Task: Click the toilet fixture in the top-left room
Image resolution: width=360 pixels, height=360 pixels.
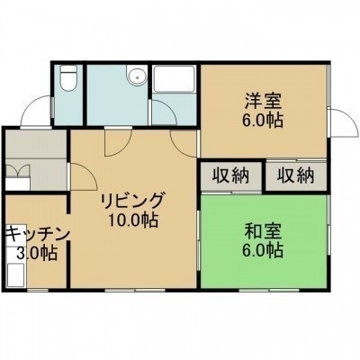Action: [x=68, y=78]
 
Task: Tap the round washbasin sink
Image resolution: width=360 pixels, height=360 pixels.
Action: [x=137, y=77]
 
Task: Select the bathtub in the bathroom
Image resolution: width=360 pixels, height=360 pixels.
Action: [x=174, y=79]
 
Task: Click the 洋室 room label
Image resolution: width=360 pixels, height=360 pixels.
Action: [x=264, y=102]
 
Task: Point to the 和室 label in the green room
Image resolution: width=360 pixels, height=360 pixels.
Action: [x=263, y=232]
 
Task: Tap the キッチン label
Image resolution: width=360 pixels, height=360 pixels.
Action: [x=38, y=234]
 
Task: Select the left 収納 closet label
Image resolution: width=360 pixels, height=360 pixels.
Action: [x=230, y=175]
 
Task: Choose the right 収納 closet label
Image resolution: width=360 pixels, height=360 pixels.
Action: [x=295, y=175]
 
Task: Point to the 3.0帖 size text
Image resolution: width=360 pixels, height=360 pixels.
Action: [x=37, y=253]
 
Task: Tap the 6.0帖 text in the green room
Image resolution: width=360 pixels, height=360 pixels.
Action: [x=263, y=250]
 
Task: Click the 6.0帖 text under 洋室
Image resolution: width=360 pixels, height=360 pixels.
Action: [x=263, y=121]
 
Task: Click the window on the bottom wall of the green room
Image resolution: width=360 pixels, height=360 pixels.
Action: [x=269, y=290]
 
